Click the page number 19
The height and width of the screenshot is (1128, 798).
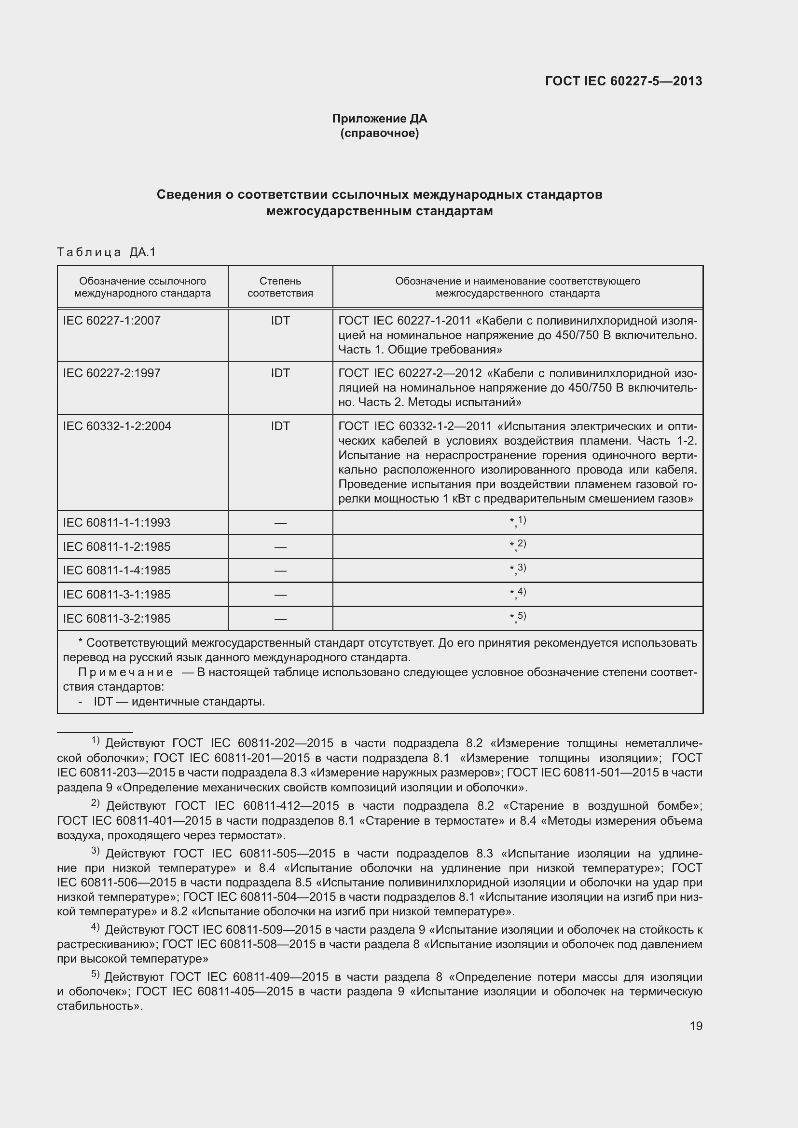[x=696, y=1026]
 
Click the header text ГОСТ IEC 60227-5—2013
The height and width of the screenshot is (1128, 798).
[x=623, y=81]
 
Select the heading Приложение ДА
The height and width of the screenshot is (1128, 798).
[x=379, y=119]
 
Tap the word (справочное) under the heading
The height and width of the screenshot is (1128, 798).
[x=379, y=134]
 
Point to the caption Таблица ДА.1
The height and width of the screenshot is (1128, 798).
[x=106, y=253]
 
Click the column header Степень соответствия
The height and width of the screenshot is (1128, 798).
[x=280, y=287]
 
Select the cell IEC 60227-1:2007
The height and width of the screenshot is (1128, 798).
[x=111, y=321]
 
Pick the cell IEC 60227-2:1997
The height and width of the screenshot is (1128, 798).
[x=111, y=373]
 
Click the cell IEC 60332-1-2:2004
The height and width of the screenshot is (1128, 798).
[x=117, y=426]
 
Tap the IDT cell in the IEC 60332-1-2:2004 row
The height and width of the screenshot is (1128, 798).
[x=280, y=426]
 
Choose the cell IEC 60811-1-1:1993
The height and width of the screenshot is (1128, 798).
[x=116, y=523]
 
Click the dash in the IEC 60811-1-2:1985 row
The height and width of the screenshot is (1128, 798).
[x=280, y=547]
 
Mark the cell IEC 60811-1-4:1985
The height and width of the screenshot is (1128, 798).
[x=116, y=571]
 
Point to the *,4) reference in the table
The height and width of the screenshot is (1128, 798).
[x=517, y=593]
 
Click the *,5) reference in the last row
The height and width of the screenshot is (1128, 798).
[x=517, y=617]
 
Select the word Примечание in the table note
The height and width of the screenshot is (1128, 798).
[x=125, y=673]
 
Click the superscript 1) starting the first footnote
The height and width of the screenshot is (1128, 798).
[x=96, y=740]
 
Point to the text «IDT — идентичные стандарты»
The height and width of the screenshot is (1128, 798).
[x=179, y=702]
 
